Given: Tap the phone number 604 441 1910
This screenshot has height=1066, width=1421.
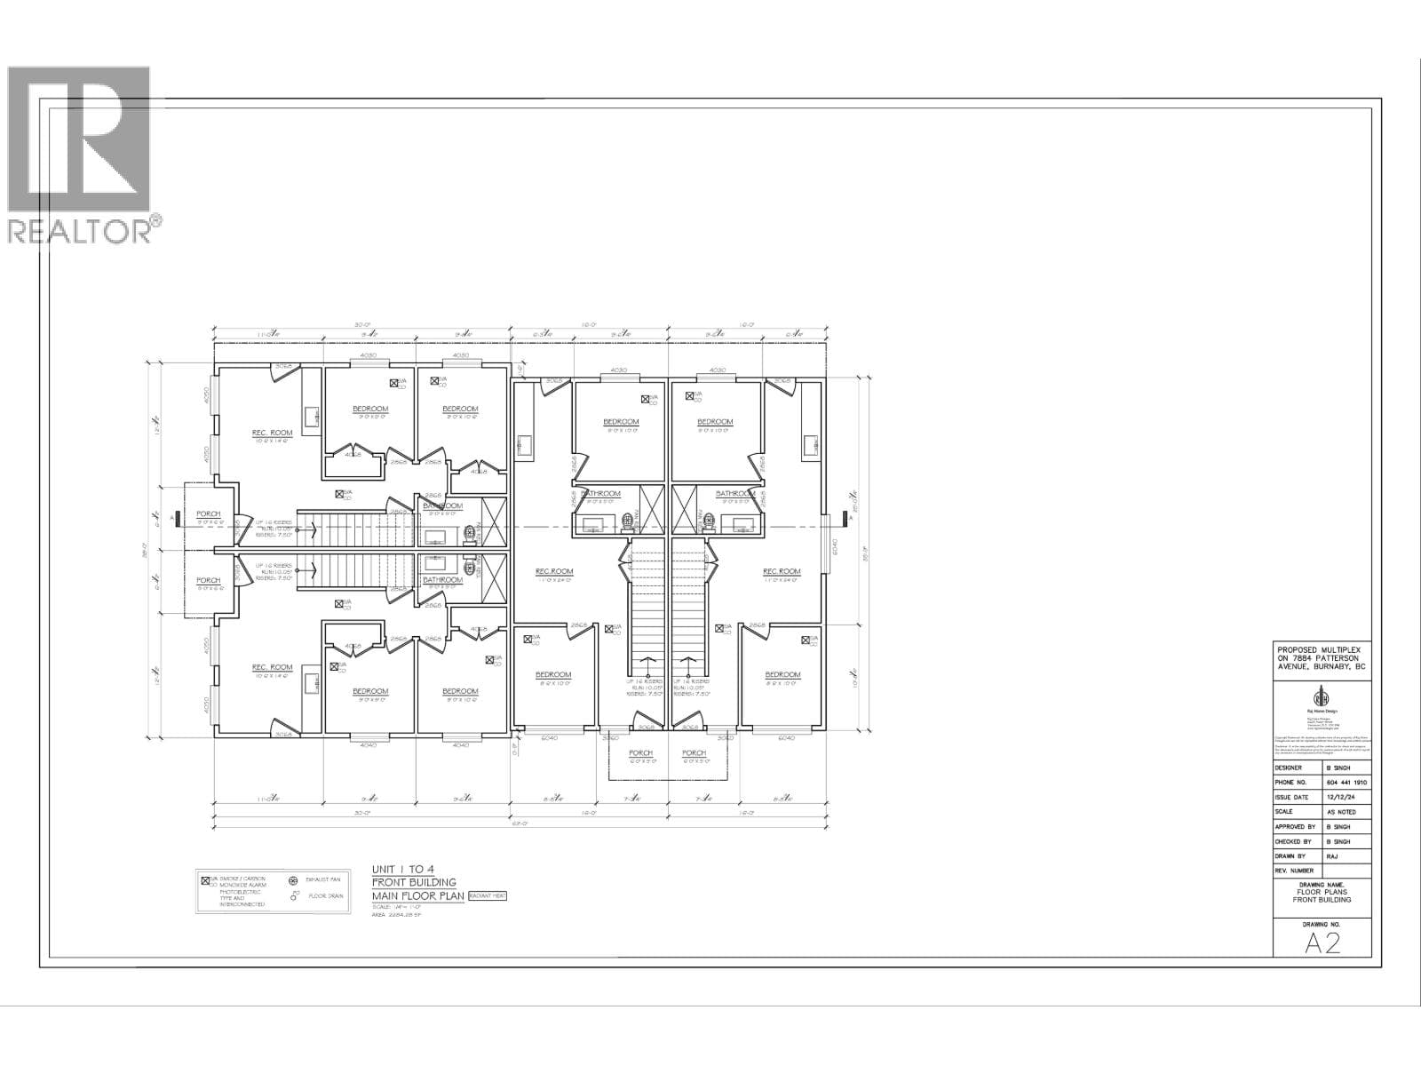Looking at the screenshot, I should [x=1346, y=783].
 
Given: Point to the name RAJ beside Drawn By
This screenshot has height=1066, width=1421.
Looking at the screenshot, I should [x=1331, y=855].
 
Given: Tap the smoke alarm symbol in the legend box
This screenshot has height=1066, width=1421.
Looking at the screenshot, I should [x=206, y=879].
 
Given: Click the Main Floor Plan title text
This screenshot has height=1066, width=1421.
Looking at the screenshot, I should [x=414, y=895].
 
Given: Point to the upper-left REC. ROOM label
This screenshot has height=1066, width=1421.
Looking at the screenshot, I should [x=272, y=434].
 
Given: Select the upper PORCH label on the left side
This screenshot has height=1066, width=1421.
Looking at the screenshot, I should [x=208, y=514].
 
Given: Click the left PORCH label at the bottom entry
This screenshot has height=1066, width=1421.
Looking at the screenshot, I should [x=640, y=753].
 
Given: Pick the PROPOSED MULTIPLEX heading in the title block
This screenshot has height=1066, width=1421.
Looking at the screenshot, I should [x=1322, y=650].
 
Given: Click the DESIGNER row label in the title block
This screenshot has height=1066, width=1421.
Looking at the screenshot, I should [x=1289, y=768].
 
